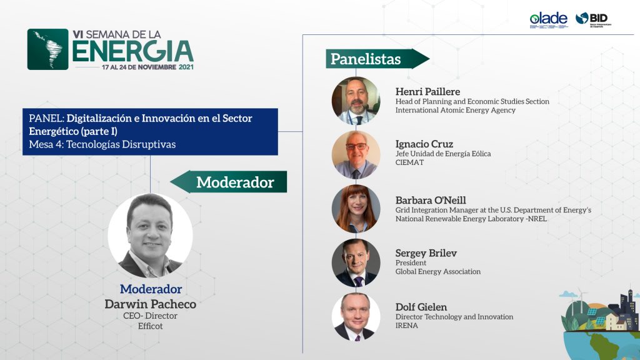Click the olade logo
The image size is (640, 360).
click(x=549, y=20)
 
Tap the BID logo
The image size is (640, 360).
click(x=594, y=19)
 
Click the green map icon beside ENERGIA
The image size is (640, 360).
click(x=47, y=49)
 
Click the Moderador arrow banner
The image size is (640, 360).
click(x=229, y=182)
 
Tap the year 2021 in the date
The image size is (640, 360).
click(x=186, y=67)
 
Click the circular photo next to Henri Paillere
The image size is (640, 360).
click(x=356, y=101)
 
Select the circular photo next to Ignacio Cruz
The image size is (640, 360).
click(x=356, y=155)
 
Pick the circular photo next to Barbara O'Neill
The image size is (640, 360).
click(x=356, y=209)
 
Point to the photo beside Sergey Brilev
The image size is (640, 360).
click(x=356, y=263)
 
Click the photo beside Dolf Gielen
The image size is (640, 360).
click(x=356, y=317)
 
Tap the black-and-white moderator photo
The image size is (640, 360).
click(x=150, y=236)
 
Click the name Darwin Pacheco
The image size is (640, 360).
click(x=150, y=304)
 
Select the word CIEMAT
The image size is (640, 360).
click(x=409, y=162)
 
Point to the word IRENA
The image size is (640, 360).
click(x=406, y=325)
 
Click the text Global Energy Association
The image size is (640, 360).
click(x=438, y=271)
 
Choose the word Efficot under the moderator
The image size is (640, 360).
click(x=150, y=326)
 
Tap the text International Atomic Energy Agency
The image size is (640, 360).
click(x=456, y=110)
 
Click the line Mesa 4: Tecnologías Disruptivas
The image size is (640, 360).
click(x=102, y=144)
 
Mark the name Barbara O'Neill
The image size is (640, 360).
click(x=431, y=200)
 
